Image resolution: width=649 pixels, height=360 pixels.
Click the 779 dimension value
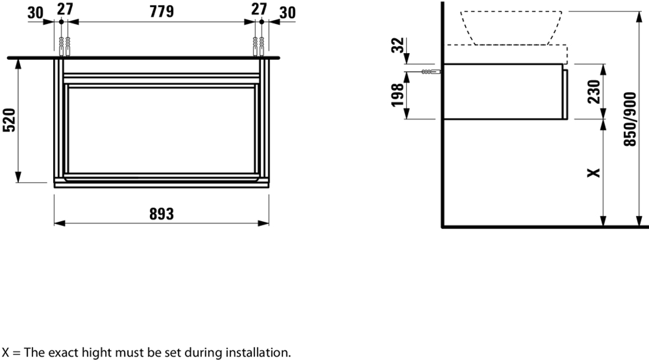161,12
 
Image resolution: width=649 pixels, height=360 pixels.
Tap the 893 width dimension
161,214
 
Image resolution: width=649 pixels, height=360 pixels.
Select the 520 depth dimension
9,120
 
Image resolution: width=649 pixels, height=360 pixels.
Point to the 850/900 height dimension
630,119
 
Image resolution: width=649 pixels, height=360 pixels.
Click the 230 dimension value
593,92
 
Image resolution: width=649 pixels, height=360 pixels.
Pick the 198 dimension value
397,95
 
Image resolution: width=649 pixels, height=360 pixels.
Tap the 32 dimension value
397,45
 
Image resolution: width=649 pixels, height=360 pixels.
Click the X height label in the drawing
594,172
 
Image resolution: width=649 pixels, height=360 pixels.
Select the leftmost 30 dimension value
35,13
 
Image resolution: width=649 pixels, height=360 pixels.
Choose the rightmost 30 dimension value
287,13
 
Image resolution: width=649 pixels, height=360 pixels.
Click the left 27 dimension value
65,9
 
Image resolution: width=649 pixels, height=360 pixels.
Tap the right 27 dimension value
259,9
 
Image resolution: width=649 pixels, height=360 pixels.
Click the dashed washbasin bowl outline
511,28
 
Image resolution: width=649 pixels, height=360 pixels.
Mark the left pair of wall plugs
64,47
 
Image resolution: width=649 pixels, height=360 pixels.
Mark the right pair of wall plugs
258,47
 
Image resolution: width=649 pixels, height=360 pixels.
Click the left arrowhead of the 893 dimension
60,224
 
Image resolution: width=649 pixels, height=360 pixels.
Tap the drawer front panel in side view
565,94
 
